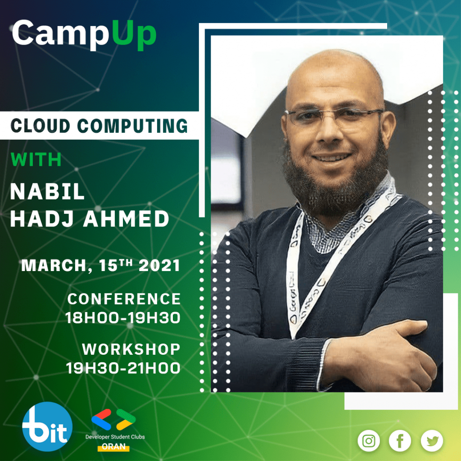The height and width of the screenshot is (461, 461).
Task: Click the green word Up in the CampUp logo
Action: click(x=134, y=34)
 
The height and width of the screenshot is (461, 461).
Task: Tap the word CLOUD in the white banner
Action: click(x=41, y=126)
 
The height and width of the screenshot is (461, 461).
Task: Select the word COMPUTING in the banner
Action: click(x=132, y=126)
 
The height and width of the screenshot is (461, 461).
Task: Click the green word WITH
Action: click(x=36, y=159)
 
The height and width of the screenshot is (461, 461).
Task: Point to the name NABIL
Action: click(x=47, y=192)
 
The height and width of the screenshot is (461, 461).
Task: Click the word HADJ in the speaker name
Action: click(x=42, y=219)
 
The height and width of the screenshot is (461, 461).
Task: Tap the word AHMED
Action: click(x=127, y=219)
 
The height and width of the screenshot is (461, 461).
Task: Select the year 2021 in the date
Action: click(x=159, y=266)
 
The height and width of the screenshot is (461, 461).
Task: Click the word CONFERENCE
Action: click(x=124, y=299)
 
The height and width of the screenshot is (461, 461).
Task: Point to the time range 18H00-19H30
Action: click(x=123, y=318)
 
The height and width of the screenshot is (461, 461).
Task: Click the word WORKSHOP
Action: click(x=131, y=349)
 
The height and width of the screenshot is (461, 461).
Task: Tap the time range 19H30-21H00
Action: click(x=123, y=368)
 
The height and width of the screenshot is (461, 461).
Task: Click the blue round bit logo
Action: click(x=47, y=426)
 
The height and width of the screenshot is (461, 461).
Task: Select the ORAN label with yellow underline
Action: click(x=113, y=447)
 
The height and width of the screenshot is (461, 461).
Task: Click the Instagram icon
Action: click(x=369, y=441)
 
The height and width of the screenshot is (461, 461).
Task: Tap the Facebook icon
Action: click(x=400, y=441)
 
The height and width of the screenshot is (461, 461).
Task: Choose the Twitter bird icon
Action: click(x=432, y=441)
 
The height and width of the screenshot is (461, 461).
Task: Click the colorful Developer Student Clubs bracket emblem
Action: click(x=113, y=420)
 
